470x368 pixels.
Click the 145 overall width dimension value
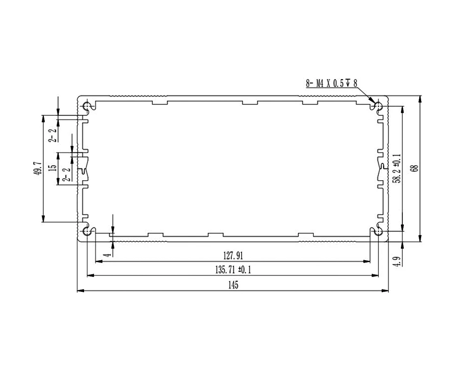tap(233, 285)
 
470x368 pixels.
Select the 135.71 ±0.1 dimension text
tap(233, 270)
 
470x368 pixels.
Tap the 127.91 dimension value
tap(233, 256)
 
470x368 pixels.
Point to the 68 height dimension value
tap(415, 168)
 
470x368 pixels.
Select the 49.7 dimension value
tap(39, 168)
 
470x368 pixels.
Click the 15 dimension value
tap(54, 167)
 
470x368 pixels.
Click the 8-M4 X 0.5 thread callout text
tap(331, 83)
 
